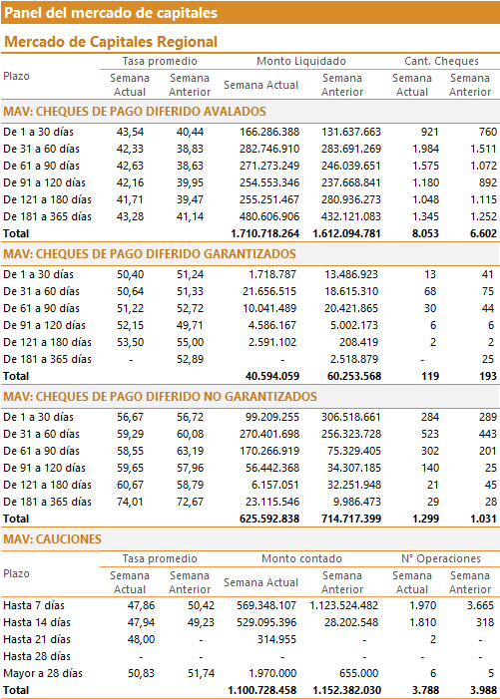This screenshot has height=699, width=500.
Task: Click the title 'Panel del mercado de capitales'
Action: [x=111, y=13]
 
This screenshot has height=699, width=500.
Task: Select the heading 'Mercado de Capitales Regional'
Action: [x=111, y=42]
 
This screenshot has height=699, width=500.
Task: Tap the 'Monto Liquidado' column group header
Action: [x=301, y=61]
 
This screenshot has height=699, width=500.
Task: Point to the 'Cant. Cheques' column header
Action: [x=441, y=61]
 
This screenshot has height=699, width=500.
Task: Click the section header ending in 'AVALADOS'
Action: [x=135, y=112]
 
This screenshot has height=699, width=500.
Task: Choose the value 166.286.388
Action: [x=269, y=132]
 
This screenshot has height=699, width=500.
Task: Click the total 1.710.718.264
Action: [x=264, y=233]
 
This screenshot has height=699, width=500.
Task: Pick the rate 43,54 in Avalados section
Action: [x=130, y=132]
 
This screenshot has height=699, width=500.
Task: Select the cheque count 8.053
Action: [x=425, y=233]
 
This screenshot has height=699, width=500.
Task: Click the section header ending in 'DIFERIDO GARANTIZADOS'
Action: [x=150, y=254]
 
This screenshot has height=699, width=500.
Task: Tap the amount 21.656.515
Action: [x=269, y=291]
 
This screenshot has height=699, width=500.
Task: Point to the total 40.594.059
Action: [x=272, y=376]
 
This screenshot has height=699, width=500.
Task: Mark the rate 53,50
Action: [x=130, y=342]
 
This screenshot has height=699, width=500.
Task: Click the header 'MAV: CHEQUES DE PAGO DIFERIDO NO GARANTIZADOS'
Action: [x=160, y=397]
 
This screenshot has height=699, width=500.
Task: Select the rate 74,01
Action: [x=130, y=502]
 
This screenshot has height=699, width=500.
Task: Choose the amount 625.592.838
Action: [x=269, y=519]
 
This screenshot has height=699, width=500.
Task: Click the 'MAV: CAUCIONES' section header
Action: [x=52, y=539]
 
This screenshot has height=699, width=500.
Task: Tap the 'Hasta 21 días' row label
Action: [x=37, y=640]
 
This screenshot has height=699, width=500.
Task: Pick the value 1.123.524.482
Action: [x=344, y=606]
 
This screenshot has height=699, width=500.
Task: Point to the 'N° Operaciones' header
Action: [x=441, y=558]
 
